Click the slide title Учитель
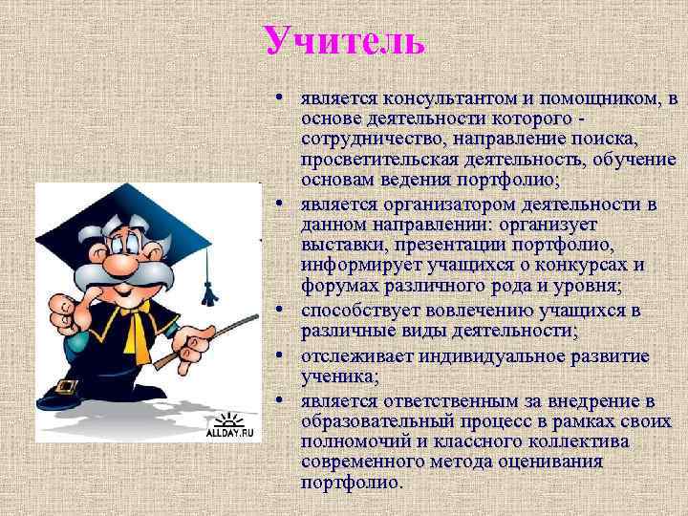point(344,40)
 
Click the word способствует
point(358,311)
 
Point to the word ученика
point(338,376)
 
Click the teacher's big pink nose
point(119,262)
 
